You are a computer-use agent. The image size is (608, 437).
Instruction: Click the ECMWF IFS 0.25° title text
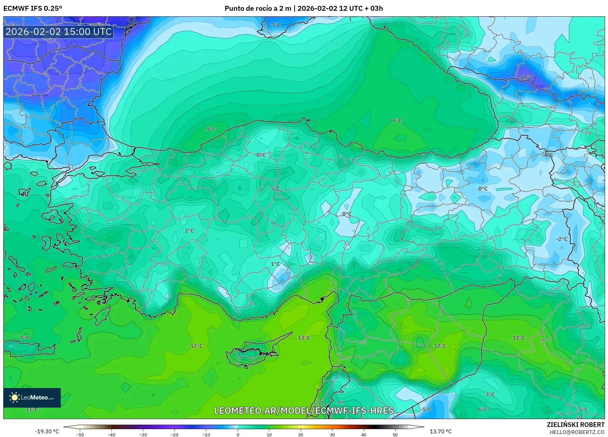(33, 8)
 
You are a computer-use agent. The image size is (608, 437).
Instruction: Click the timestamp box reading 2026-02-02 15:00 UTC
(59, 32)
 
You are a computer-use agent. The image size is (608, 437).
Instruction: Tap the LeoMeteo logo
(32, 397)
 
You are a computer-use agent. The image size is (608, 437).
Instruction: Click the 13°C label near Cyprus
(304, 338)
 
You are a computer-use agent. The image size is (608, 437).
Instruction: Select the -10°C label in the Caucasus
(526, 77)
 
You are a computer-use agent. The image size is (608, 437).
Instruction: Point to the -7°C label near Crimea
(275, 25)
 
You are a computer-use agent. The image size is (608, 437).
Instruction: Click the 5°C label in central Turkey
(275, 189)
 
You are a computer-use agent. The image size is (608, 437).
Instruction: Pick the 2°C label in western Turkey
(189, 231)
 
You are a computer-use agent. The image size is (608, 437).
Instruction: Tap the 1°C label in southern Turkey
(275, 264)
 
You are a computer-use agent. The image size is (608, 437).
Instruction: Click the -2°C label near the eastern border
(562, 239)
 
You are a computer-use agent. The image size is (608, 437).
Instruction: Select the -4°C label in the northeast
(548, 155)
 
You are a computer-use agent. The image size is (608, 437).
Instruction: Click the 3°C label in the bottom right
(490, 394)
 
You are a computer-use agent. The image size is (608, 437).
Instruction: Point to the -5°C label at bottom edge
(426, 409)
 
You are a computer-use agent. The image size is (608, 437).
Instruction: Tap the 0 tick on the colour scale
(238, 434)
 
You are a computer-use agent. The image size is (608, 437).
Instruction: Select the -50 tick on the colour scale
(80, 434)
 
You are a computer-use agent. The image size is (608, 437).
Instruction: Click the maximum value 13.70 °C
(440, 431)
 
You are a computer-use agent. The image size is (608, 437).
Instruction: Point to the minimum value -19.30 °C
(47, 431)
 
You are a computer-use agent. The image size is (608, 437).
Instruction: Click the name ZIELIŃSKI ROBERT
(575, 425)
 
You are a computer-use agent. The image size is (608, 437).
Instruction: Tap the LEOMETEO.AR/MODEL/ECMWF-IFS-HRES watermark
(304, 411)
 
